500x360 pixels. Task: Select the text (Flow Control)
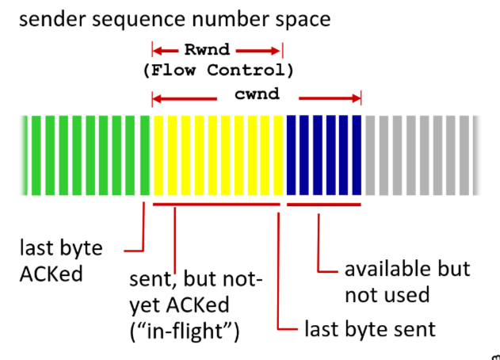[x=218, y=71]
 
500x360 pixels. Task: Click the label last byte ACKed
[x=60, y=260]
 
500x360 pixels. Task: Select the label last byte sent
[x=369, y=327]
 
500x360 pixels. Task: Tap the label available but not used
[x=406, y=281]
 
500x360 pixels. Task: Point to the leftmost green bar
[x=25, y=155]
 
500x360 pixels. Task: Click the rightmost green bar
[x=143, y=155]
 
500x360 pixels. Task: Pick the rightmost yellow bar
[x=278, y=155]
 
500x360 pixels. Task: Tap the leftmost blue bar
[x=291, y=155]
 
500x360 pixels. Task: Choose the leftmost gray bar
[x=369, y=155]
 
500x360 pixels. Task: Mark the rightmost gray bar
[x=475, y=155]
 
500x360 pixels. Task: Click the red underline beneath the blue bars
[x=324, y=205]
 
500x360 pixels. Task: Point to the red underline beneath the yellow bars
[x=216, y=205]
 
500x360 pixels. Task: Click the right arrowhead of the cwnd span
[x=358, y=99]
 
